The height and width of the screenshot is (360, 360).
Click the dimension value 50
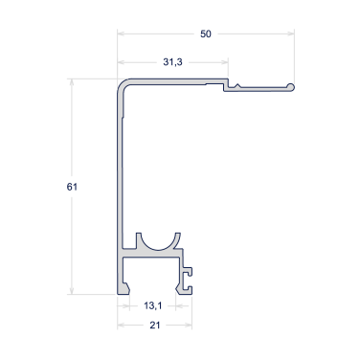tap(206, 34)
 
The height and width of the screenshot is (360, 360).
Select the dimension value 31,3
tap(172, 62)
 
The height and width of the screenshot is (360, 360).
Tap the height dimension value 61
tap(72, 187)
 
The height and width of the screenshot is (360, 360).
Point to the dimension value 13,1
tap(153, 305)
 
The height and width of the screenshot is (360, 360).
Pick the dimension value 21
tap(155, 326)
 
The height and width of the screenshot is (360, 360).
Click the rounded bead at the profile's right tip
tap(290, 87)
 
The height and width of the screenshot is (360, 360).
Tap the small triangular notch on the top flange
tap(237, 86)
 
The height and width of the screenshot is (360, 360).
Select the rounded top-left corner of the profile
tap(124, 85)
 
